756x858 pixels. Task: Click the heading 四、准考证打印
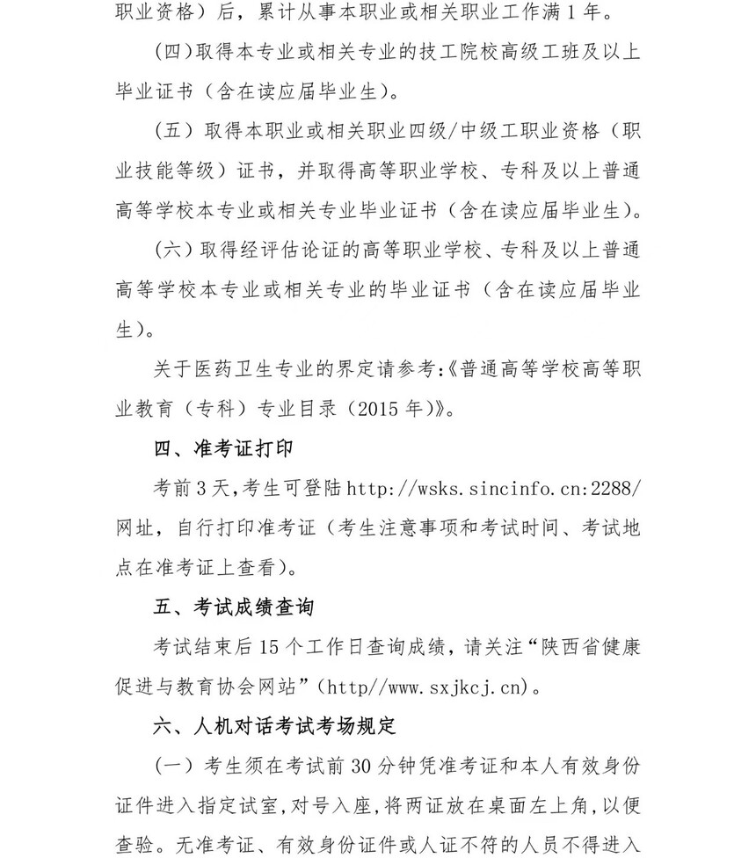[x=223, y=448]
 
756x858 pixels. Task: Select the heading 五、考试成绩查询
[x=234, y=607]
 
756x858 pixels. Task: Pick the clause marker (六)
[x=173, y=251]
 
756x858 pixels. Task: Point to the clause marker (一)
[x=173, y=766]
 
